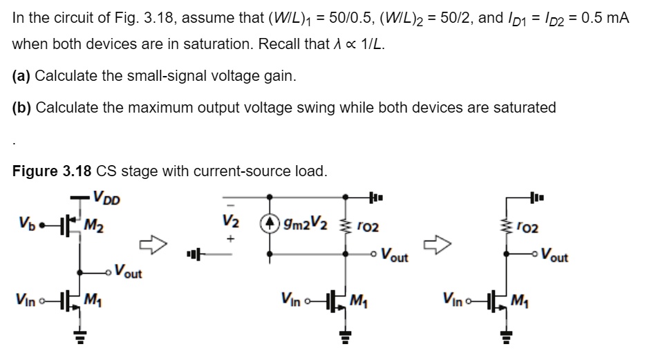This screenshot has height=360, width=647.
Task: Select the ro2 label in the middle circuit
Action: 369,227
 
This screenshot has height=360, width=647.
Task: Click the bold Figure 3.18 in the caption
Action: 51,171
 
